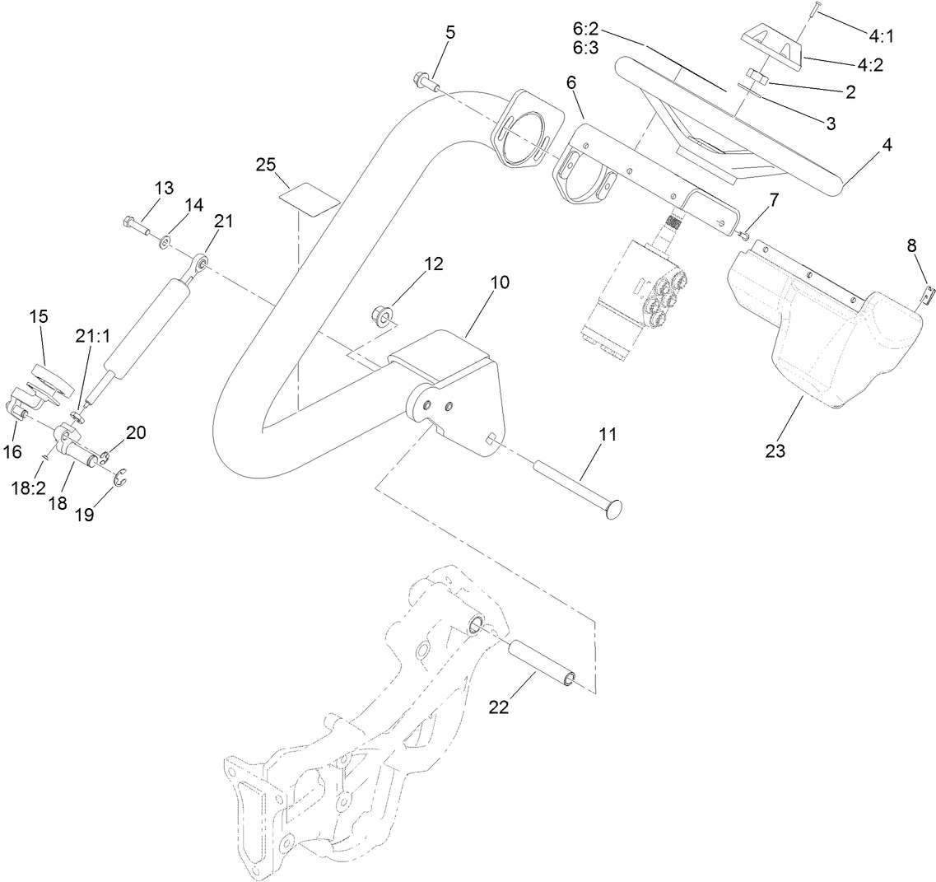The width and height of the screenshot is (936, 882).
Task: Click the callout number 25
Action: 265,165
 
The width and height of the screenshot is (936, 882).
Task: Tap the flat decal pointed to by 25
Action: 310,198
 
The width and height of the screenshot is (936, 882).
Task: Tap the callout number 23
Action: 775,450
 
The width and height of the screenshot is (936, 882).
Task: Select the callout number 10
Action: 499,282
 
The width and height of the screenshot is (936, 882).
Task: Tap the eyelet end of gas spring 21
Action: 199,265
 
